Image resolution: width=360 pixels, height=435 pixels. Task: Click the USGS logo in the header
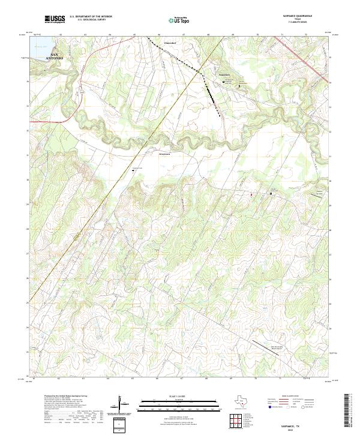point(55,19)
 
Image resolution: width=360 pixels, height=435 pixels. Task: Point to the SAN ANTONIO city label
point(55,57)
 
